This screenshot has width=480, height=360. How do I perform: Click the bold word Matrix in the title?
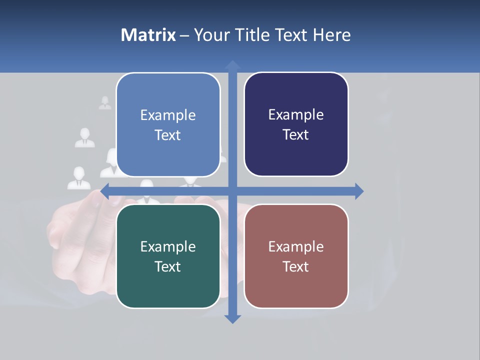pos(148,35)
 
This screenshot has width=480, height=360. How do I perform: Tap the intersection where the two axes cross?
pos(232,191)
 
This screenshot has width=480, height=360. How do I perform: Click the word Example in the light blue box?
pos(168,115)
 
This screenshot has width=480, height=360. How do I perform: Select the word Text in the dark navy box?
pos(296,135)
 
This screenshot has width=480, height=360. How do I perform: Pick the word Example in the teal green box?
pos(168,246)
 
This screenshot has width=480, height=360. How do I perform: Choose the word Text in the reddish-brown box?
pos(296,266)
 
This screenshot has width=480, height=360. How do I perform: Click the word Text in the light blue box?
pos(168,135)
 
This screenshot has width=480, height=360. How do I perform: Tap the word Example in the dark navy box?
pos(296,115)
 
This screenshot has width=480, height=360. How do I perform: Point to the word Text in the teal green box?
pos(168,266)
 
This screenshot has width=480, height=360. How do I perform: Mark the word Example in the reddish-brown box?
pos(296,246)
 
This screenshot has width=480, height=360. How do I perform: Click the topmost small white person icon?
pos(105,103)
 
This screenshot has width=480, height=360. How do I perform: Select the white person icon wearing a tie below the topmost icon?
pos(85,138)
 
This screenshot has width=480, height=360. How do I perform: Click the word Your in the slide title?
pos(210,35)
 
